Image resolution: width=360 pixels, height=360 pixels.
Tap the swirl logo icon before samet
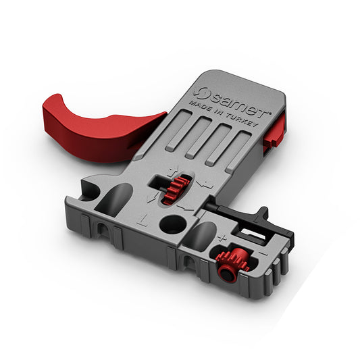click(200, 91)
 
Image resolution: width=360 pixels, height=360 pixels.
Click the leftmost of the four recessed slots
click(177, 128)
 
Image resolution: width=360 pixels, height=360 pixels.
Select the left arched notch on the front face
click(103, 230)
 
